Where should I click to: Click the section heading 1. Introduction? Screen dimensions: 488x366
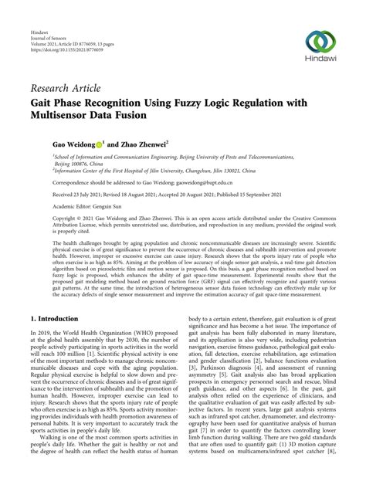tap(51, 340)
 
